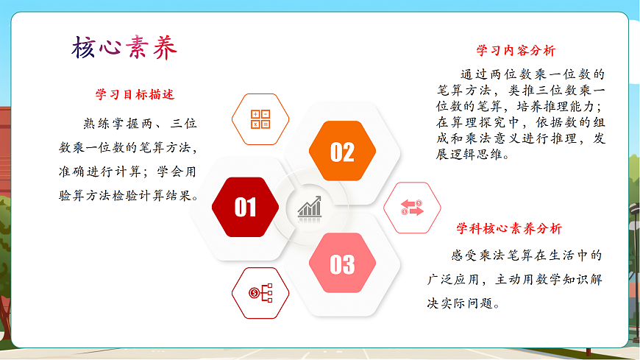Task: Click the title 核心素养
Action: tap(124, 48)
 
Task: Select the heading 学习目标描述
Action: tap(135, 95)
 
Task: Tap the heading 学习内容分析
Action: tap(516, 51)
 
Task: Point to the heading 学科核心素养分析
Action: tap(509, 228)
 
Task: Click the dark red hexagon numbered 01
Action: tap(245, 207)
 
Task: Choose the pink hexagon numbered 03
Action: tap(342, 264)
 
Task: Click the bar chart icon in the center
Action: tap(310, 207)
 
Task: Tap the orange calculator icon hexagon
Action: tap(260, 119)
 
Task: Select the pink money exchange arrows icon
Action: tap(412, 208)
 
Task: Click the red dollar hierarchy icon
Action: tap(260, 293)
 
